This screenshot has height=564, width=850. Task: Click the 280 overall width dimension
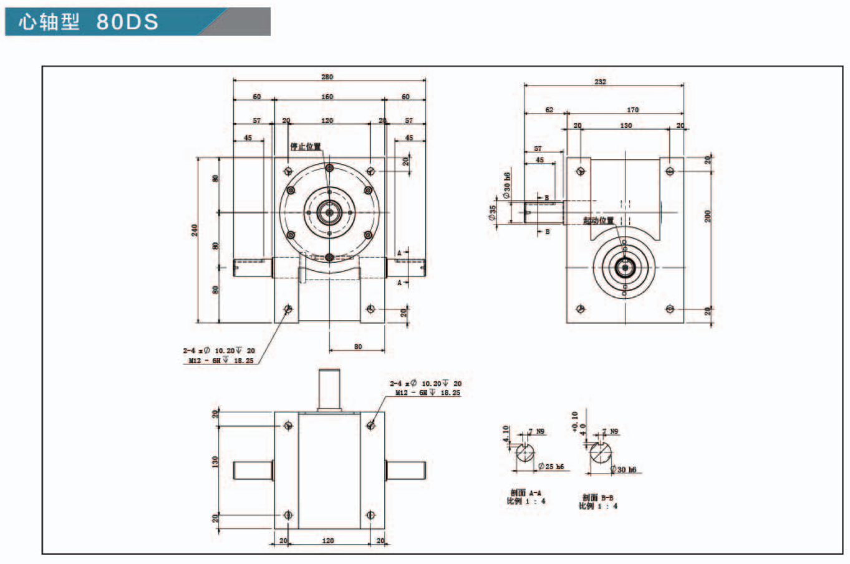coord(327,77)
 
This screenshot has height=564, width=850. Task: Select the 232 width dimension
coord(600,82)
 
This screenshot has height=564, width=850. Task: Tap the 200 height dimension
coord(708,216)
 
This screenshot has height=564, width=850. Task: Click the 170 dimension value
coord(633,110)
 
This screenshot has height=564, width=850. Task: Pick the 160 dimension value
coord(327,97)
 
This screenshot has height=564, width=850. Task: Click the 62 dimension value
coord(549,110)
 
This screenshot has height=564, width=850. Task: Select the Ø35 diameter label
coord(493,213)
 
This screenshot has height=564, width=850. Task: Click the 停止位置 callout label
coord(306,147)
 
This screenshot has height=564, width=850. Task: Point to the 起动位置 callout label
coord(598,220)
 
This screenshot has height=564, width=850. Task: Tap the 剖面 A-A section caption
coord(526,493)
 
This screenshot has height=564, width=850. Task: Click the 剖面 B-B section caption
coord(598,498)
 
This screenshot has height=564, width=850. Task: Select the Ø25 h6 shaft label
coord(551,467)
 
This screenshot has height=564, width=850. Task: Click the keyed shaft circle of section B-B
coord(601,454)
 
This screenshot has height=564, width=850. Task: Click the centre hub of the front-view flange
coord(329,213)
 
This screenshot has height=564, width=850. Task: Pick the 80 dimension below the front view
coord(357,347)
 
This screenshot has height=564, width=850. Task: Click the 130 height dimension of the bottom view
coord(215,462)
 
